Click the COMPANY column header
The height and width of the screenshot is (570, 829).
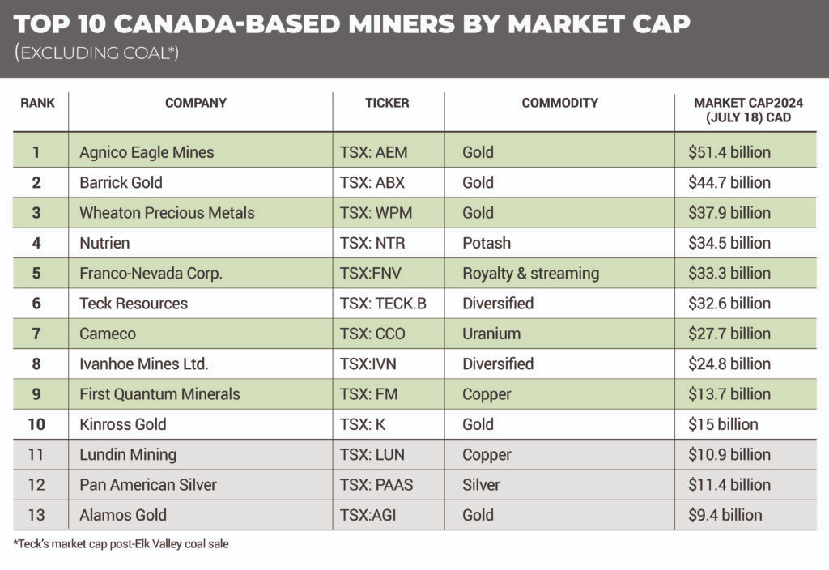pos(195,103)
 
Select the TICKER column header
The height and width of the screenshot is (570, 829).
pos(387,103)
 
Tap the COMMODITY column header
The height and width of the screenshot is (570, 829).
pos(559,103)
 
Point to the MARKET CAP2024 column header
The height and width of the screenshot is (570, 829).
pos(742,110)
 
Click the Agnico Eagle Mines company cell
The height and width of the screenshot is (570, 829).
pos(147,152)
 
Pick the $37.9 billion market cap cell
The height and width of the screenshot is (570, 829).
pos(729,213)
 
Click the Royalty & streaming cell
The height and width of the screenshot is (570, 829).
pos(530,273)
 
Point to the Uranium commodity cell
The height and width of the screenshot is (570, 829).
pos(491,334)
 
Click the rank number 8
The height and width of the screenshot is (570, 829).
pos(36,364)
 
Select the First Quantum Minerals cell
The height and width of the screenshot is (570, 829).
pos(159,394)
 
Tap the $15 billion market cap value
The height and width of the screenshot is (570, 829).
pos(723,424)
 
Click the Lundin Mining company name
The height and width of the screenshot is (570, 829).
pos(128,454)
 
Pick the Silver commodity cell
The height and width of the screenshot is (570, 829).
pos(481,485)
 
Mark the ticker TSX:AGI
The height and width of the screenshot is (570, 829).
pos(368,515)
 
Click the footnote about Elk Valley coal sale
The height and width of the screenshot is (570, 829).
pos(121,544)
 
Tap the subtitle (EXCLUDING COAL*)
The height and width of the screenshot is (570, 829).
pos(96,53)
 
